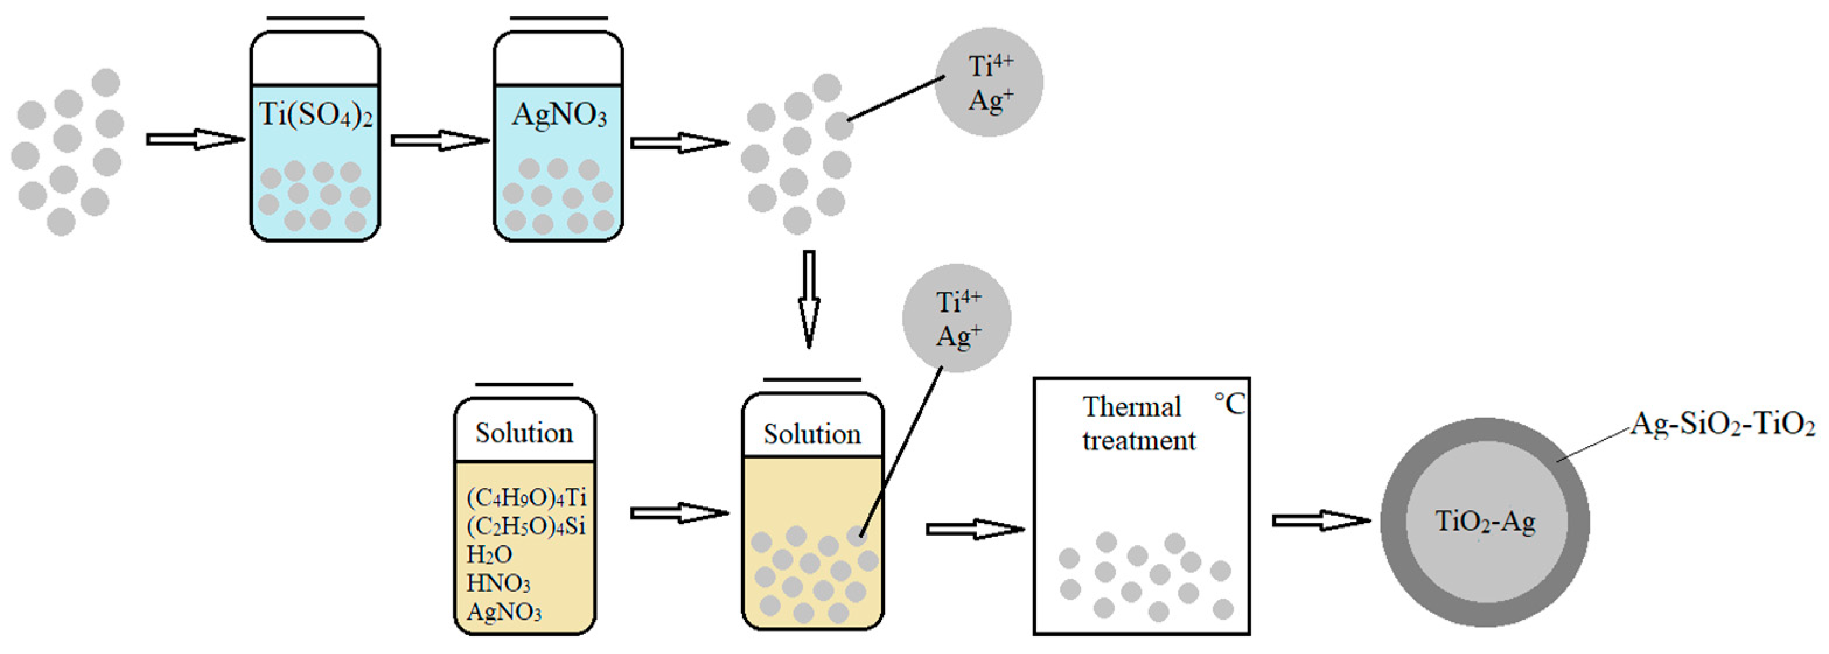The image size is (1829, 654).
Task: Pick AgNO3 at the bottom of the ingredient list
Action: coord(504,612)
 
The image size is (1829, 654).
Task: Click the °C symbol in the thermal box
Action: coord(1229,404)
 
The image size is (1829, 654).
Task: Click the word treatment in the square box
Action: coord(1139,441)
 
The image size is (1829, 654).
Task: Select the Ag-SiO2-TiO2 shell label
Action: coord(1722,425)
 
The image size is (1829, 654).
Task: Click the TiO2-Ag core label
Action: coord(1485,522)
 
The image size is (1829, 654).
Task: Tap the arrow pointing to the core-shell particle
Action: coord(1321,520)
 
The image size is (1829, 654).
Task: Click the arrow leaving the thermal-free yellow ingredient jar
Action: coord(679,513)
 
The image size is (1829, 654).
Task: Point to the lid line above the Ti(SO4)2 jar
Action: coord(315,18)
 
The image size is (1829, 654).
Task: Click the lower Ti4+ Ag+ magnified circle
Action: coord(957,318)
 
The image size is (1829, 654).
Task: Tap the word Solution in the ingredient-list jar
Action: coord(524,433)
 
